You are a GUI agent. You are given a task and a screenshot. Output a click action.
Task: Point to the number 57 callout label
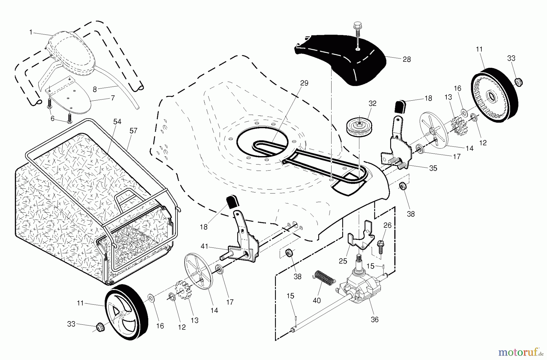click(133, 131)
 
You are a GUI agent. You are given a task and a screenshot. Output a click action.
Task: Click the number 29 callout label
click(304, 83)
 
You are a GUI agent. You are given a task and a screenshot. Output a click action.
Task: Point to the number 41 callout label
click(204, 246)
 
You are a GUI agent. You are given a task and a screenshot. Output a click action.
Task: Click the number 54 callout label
click(117, 122)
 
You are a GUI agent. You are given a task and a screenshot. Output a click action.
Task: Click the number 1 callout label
click(31, 32)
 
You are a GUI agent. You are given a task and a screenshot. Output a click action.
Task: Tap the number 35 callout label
click(433, 168)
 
